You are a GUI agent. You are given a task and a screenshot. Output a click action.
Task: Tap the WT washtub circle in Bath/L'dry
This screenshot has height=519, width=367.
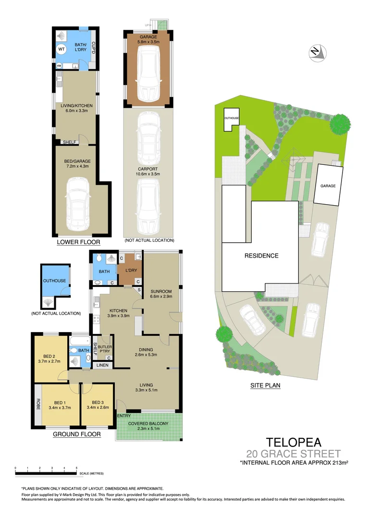pyautogui.click(x=62, y=49)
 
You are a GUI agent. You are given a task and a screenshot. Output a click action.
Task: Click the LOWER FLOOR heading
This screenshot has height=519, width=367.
pyautogui.click(x=78, y=242)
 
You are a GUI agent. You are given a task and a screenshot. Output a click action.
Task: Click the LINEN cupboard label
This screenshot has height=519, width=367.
pyautogui.click(x=101, y=366)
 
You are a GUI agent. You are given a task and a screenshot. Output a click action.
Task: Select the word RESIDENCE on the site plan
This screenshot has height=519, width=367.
pyautogui.click(x=260, y=256)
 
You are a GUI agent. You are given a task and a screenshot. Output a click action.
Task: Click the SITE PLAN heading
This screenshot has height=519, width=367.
pyautogui.click(x=265, y=385)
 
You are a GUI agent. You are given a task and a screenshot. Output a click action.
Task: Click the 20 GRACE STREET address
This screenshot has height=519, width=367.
pyautogui.click(x=294, y=454)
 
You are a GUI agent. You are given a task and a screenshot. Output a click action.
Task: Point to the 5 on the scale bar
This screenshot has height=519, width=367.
pyautogui.click(x=77, y=467)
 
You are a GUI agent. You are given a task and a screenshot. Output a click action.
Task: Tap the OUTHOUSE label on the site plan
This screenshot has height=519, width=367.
pyautogui.click(x=231, y=118)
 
